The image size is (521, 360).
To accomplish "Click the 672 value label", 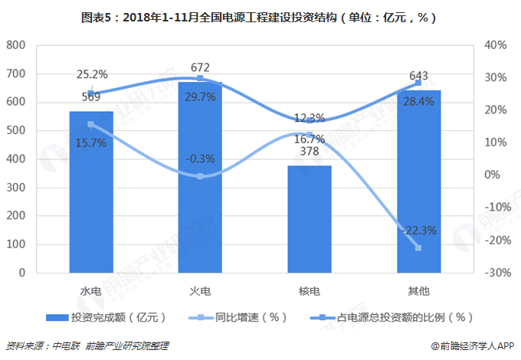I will point(201,67).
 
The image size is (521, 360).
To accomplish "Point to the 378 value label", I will point(310,152).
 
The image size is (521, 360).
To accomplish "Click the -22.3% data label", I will point(418,231).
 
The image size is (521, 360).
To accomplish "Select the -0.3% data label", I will point(200,159).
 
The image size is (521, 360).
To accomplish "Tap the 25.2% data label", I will point(92,75).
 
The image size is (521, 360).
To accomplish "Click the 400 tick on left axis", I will point(15,159).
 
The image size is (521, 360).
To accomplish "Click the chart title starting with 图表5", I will point(260,17).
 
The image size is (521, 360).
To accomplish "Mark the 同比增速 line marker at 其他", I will point(418,248).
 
